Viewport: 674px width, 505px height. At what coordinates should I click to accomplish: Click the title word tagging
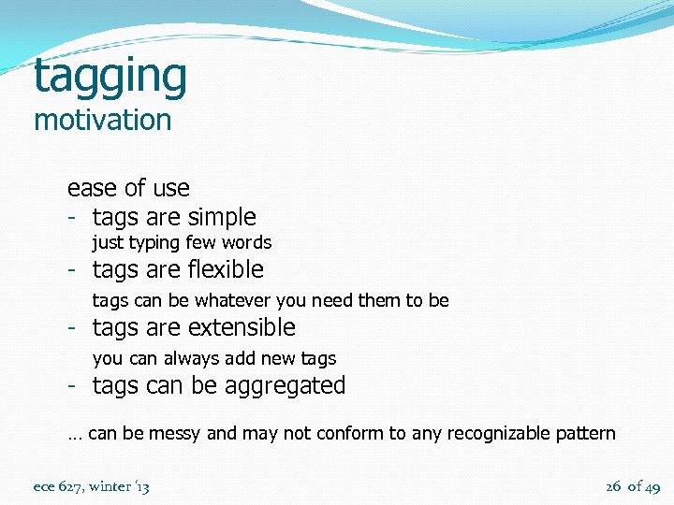[110, 78]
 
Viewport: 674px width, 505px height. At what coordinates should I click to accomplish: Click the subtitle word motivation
[102, 121]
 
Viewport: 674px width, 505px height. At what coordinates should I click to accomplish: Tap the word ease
[91, 188]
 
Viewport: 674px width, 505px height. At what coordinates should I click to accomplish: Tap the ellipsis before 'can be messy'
[74, 435]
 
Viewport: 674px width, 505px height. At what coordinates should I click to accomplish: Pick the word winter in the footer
[110, 486]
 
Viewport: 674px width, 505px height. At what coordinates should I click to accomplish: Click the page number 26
[613, 486]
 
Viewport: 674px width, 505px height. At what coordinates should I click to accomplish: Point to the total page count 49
[652, 486]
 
